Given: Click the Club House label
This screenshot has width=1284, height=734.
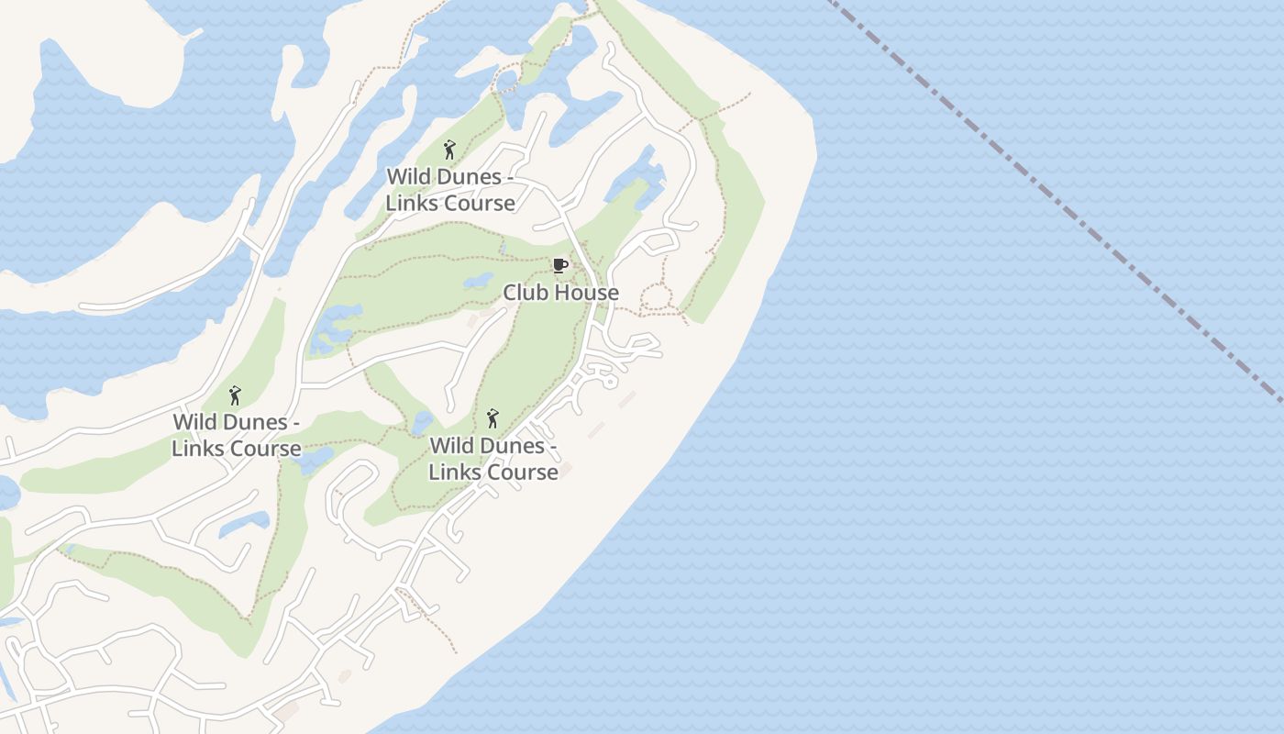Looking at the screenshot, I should point(560,293).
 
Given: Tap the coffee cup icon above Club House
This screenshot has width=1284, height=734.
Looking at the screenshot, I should point(560,266).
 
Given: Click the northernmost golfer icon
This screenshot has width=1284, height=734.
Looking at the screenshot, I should point(449,150).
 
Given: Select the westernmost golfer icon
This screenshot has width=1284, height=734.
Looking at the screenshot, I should point(235,395).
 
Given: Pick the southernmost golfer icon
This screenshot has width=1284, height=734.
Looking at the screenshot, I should point(493,418).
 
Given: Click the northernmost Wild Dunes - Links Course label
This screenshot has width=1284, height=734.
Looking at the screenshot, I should point(449,189).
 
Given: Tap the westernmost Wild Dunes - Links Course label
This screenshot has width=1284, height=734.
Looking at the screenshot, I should point(237,435).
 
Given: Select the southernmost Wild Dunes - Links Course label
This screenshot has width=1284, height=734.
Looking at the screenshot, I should point(493,458).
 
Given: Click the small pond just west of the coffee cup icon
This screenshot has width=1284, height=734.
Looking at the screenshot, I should point(478,280).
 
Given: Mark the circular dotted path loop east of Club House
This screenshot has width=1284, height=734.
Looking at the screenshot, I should point(657,297).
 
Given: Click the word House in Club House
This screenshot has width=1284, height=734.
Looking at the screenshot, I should point(587,293).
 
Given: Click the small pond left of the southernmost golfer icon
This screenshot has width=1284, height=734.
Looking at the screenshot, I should point(422,422).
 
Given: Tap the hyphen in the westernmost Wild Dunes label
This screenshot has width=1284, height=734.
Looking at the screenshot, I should point(295,422).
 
